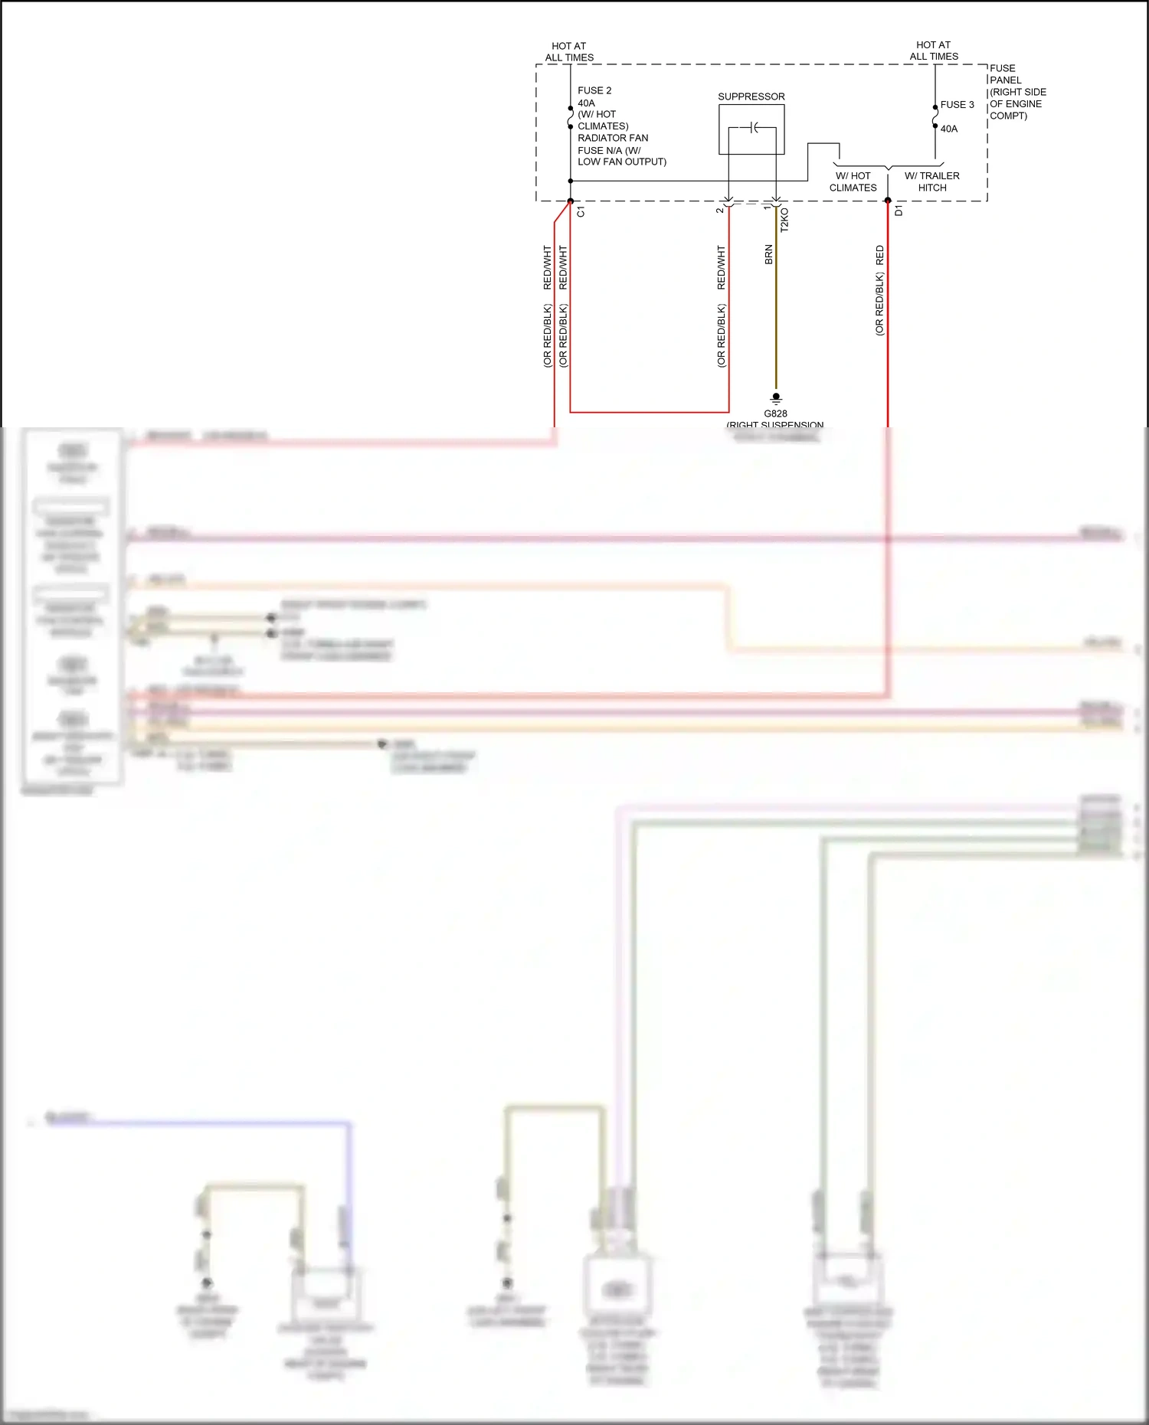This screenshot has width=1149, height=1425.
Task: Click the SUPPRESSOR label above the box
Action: click(751, 96)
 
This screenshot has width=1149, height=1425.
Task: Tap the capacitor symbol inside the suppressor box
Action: click(754, 128)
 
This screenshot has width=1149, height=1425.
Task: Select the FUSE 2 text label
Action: click(594, 90)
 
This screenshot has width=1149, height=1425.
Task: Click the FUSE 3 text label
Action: click(957, 105)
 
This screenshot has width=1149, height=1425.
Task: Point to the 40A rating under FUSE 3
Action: click(948, 129)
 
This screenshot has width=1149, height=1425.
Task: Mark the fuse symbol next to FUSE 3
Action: click(935, 116)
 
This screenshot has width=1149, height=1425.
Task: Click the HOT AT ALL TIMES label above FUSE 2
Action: click(569, 51)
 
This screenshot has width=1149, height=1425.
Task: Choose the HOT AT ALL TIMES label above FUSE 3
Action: click(934, 51)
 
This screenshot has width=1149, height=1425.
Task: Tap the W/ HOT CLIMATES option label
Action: click(853, 181)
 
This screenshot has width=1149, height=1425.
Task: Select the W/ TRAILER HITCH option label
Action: click(931, 181)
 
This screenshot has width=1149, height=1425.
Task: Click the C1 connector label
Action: click(581, 211)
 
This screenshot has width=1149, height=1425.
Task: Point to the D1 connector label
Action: click(899, 211)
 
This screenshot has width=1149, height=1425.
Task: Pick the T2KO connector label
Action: click(784, 221)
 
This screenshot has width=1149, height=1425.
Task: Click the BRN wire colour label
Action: click(768, 255)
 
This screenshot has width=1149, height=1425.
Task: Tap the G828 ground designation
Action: click(775, 413)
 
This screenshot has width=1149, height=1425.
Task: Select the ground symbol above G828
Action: click(776, 398)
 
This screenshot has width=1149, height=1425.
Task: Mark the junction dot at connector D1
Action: click(888, 201)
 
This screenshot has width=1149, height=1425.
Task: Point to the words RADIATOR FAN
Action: click(613, 138)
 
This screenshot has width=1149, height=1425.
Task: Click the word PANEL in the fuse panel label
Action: click(1005, 80)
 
